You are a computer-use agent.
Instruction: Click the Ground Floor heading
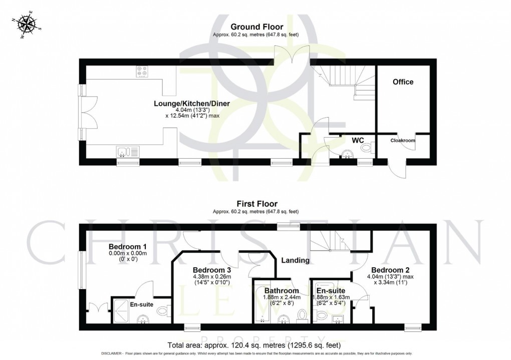click(257, 27)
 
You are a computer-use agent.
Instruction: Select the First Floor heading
click(257, 204)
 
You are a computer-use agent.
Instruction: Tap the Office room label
click(403, 82)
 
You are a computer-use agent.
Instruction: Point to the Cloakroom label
click(403, 141)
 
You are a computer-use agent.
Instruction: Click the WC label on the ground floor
click(357, 141)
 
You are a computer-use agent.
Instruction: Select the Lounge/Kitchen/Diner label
click(192, 104)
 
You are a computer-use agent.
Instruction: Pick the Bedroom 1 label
click(128, 246)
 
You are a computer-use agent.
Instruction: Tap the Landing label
click(295, 260)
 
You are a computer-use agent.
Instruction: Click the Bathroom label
click(282, 290)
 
